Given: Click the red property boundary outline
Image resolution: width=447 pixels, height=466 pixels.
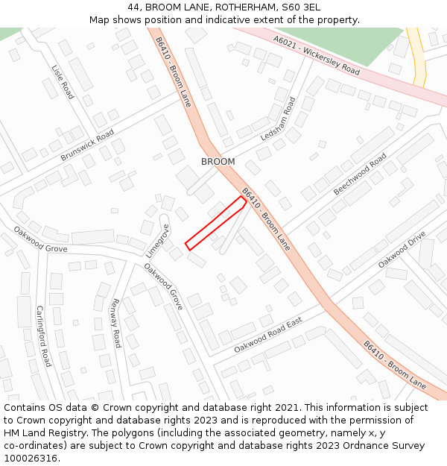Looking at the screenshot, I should (216, 223).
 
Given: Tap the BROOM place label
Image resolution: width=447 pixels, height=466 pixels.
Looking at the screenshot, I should (218, 162).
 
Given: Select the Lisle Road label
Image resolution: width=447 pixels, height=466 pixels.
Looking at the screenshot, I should (63, 81).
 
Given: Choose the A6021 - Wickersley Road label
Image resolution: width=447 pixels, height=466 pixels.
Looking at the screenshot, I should (316, 56).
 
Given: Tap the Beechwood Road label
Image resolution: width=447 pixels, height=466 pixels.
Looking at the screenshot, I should (360, 174).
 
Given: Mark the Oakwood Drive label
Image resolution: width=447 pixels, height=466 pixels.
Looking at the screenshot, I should (402, 250).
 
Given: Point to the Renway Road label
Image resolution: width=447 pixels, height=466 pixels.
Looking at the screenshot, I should (115, 323).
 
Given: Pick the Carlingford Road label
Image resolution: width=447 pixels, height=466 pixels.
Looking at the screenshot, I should (43, 336).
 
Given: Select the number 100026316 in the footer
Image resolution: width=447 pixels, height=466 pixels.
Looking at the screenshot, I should (32, 458).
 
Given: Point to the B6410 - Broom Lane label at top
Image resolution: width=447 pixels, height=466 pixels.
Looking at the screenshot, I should (174, 72).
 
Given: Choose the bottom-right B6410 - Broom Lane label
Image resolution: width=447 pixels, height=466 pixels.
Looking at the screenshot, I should (395, 365).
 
